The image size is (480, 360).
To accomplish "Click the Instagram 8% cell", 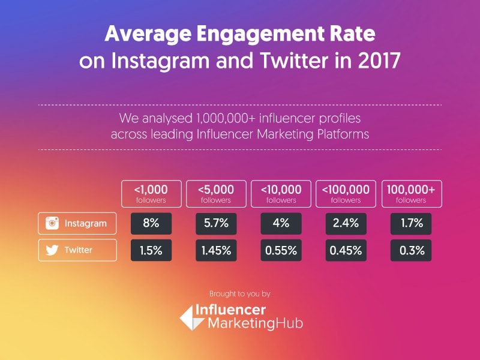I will tap(151, 223).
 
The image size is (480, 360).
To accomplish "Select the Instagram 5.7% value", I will tap(217, 223).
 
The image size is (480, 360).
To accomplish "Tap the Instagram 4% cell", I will tap(281, 223).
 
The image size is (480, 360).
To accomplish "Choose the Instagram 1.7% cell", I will tap(412, 223).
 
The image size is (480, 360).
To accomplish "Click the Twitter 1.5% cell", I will tap(151, 250).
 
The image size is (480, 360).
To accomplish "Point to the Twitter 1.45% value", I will tap(217, 250).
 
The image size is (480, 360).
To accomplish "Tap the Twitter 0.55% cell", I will tap(281, 250).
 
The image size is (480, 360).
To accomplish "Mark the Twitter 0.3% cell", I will tap(412, 250).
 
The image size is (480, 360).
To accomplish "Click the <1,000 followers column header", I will tap(151, 193).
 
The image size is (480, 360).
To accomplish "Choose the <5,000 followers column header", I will tap(217, 193).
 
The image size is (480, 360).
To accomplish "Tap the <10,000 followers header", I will tap(281, 193).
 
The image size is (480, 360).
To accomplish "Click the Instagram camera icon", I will tap(53, 224).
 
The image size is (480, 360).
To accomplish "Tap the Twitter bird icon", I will tap(53, 250).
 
